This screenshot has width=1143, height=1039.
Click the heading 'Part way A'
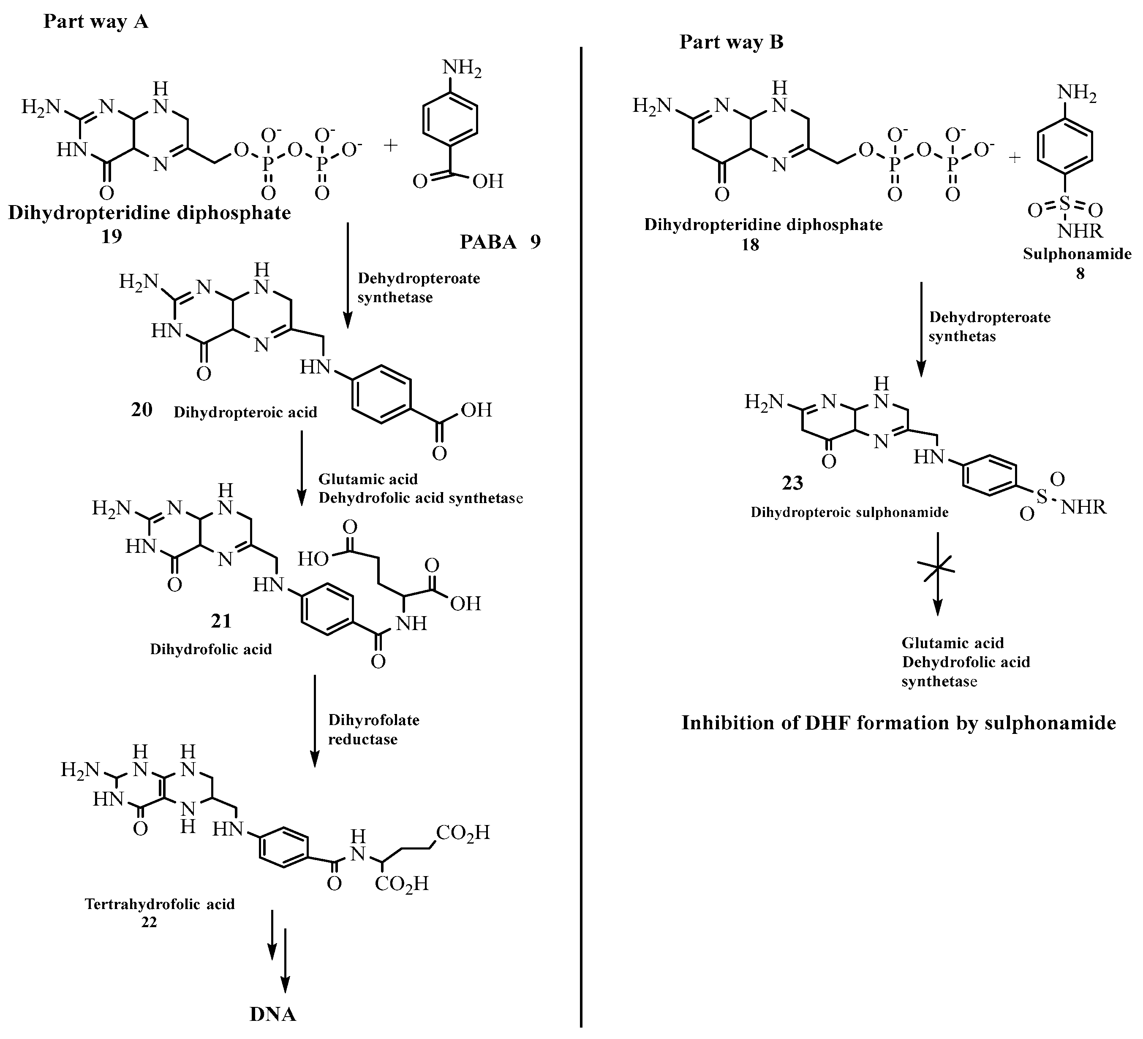96,22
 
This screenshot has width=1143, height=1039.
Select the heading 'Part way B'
732,42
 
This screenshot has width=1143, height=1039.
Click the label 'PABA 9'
500,242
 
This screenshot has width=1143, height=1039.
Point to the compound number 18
750,245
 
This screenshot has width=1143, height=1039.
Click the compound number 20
142,409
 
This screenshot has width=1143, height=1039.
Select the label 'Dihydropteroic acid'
245,412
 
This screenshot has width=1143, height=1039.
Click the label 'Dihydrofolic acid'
211,649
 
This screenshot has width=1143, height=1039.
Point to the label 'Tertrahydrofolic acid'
160,904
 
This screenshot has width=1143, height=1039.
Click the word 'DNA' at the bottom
273,1014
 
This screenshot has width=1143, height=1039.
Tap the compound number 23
792,483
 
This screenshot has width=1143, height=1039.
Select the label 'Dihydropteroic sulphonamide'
850,512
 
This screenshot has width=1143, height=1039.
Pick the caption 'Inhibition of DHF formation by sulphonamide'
898,723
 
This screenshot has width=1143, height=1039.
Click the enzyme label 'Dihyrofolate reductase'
374,729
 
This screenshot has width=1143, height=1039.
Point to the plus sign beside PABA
391,145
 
